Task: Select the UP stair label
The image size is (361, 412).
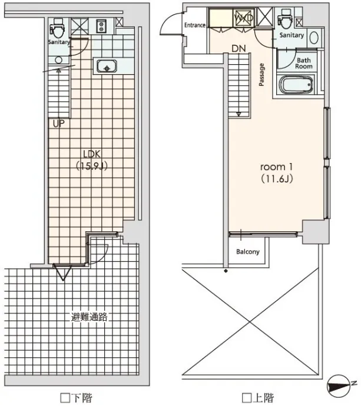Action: pos(58,123)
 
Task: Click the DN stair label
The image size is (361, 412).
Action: pos(239,48)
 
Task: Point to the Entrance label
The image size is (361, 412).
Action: pos(195,25)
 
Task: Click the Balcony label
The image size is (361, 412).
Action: pos(248,252)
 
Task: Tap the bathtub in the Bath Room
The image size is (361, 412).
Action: pos(296,85)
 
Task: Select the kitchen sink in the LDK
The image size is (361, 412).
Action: pos(107,66)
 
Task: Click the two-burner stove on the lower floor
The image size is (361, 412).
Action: pos(101,26)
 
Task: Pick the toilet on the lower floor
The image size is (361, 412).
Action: pos(58,28)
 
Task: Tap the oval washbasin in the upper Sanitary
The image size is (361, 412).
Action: pos(314,38)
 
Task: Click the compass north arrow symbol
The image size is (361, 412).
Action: pos(340,386)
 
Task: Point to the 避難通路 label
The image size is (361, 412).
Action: pos(90,317)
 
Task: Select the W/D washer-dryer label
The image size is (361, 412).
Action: pos(244,18)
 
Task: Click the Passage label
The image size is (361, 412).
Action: pos(261,75)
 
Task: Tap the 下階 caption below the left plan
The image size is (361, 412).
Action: pos(76,398)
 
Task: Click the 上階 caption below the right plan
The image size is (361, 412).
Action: pos(258,398)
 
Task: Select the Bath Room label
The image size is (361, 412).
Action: pos(304,64)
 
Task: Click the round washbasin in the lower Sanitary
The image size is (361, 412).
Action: pos(58,60)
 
